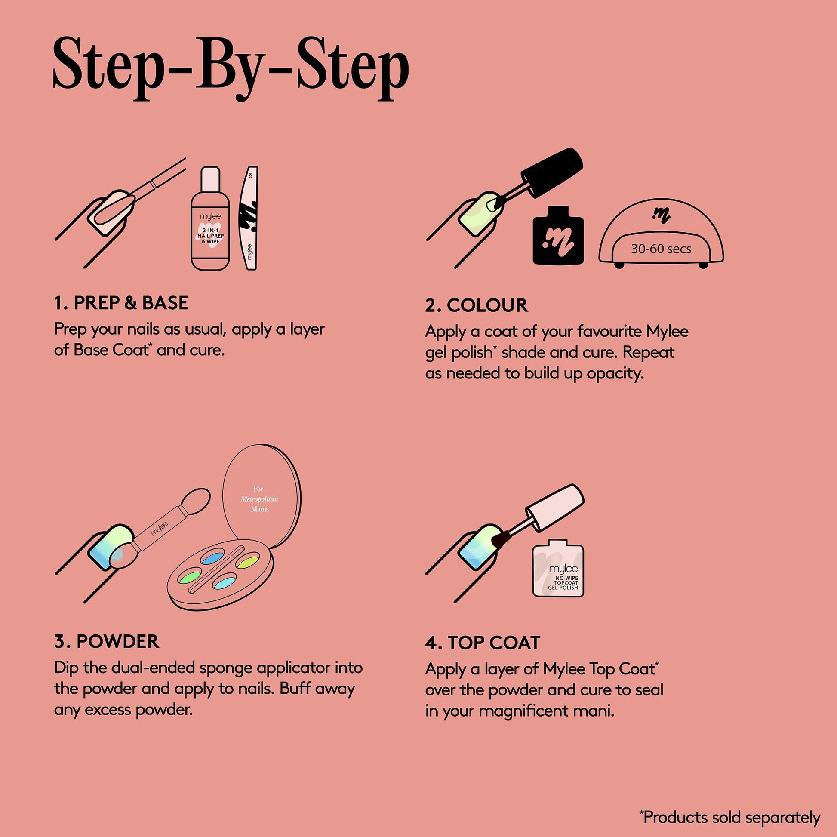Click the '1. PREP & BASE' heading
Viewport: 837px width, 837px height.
pyautogui.click(x=121, y=303)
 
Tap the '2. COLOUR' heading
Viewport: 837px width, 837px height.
pyautogui.click(x=477, y=305)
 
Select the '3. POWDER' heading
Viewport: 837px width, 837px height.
pyautogui.click(x=107, y=642)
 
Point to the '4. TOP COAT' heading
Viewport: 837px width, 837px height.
pyautogui.click(x=483, y=643)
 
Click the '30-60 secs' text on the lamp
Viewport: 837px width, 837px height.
pyautogui.click(x=661, y=249)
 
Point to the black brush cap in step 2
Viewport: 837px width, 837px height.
pyautogui.click(x=551, y=172)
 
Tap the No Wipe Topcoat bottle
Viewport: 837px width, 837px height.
pyautogui.click(x=558, y=567)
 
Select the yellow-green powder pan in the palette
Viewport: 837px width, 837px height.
pyautogui.click(x=247, y=561)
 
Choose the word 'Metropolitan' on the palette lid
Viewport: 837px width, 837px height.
pyautogui.click(x=259, y=499)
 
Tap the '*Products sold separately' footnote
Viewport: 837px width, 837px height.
pyautogui.click(x=730, y=817)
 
